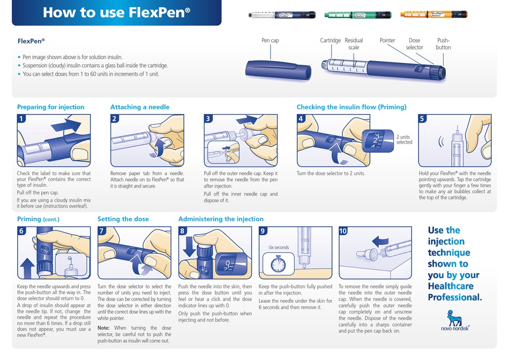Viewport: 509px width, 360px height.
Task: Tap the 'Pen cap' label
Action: coord(270,41)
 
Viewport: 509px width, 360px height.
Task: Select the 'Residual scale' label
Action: coord(354,44)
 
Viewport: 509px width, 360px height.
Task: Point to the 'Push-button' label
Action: coord(443,44)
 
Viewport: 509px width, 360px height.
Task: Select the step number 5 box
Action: coord(422,118)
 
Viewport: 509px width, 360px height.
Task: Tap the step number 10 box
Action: coord(343,231)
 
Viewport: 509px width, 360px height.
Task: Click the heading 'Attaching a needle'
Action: coord(140,107)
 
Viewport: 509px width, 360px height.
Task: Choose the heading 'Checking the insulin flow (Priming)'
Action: coord(351,107)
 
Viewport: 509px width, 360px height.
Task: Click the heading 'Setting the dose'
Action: coord(123,219)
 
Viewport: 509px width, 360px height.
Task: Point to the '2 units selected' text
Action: coord(404,140)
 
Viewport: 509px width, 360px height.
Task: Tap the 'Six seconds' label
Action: coord(278,247)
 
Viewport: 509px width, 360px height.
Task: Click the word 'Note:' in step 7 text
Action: coord(104,328)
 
